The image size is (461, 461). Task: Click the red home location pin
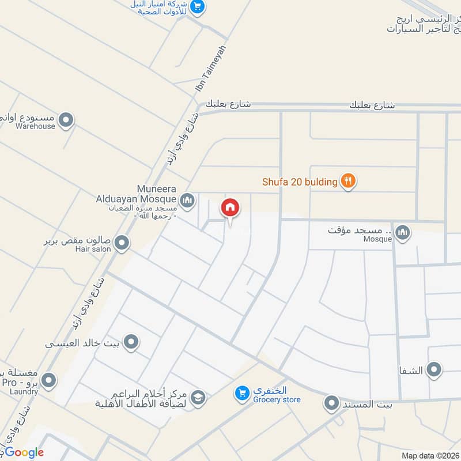(231, 208)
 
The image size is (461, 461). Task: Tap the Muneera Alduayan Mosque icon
(187, 201)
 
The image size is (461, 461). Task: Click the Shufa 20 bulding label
(300, 182)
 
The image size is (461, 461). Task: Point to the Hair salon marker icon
(122, 243)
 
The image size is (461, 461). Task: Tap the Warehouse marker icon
(66, 120)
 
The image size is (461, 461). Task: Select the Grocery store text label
(276, 400)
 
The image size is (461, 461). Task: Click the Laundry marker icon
(49, 380)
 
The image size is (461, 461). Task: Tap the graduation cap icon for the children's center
(198, 398)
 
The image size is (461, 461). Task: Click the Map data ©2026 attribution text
(430, 455)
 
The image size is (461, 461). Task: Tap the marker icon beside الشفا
(434, 369)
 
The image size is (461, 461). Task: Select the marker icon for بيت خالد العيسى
(131, 343)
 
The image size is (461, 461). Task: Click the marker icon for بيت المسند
(331, 403)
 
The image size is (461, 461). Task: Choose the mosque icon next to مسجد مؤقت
(403, 232)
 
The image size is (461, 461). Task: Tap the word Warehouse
(36, 126)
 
